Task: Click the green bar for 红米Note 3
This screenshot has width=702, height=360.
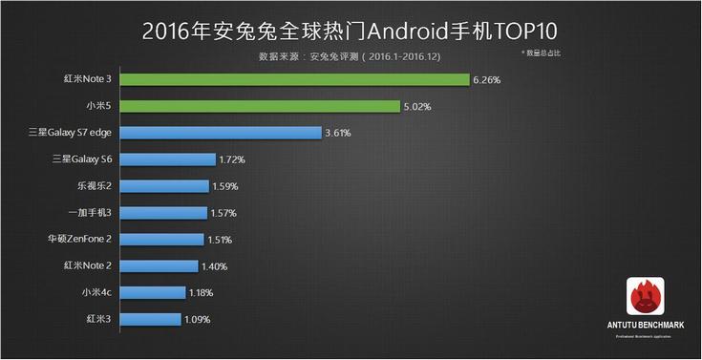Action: click(x=295, y=79)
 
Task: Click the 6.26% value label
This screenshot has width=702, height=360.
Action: click(x=486, y=80)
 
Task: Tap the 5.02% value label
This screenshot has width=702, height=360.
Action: click(x=415, y=107)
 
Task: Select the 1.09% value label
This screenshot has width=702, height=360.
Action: click(x=198, y=320)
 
